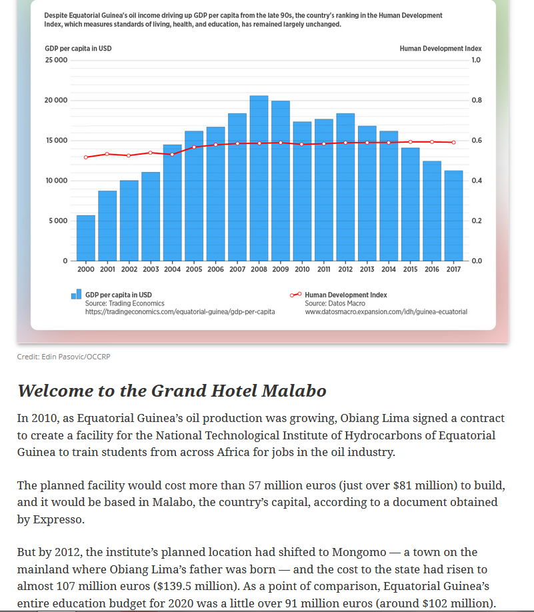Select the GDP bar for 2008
(x=259, y=178)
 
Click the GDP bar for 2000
(x=86, y=238)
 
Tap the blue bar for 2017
(x=453, y=216)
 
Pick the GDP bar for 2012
(x=345, y=187)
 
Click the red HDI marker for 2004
(x=172, y=155)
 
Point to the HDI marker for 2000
(x=86, y=157)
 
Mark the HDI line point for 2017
(x=453, y=143)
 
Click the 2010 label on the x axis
(x=302, y=269)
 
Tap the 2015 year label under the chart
(x=410, y=269)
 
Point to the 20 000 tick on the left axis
(x=56, y=100)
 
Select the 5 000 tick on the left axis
(x=58, y=221)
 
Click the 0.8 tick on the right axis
(x=477, y=100)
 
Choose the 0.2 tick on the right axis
(x=477, y=221)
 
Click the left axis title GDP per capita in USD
(x=78, y=49)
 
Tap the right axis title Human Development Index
(x=441, y=49)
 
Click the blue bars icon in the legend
(x=76, y=294)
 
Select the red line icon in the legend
(x=295, y=295)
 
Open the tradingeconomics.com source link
(x=180, y=312)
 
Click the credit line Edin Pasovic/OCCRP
(x=63, y=357)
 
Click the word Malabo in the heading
(x=294, y=391)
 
